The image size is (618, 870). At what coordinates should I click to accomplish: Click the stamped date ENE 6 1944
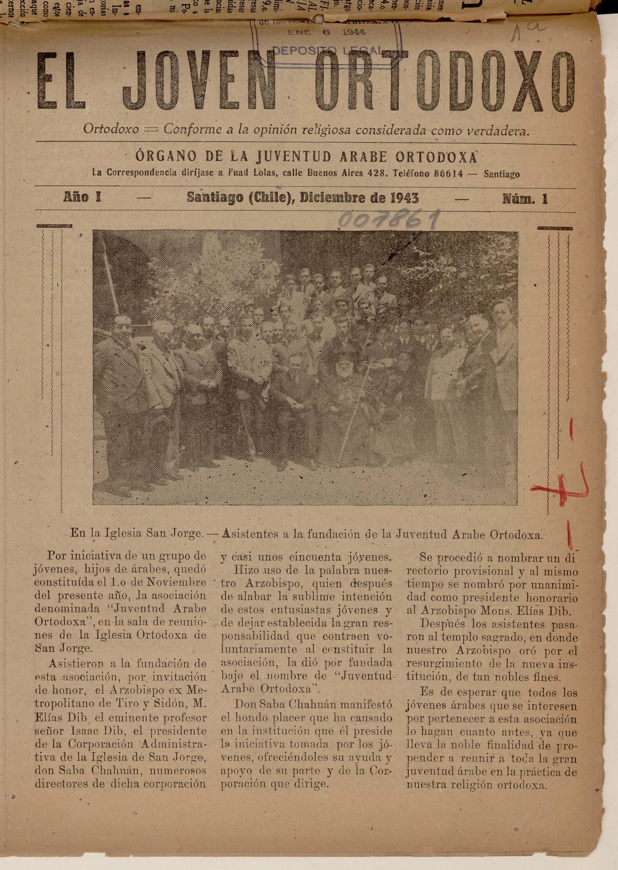point(327,33)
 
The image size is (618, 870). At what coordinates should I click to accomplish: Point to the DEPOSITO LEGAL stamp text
point(327,51)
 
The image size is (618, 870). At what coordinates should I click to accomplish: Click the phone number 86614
point(449,174)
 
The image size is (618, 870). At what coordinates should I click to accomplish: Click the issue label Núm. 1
point(525,198)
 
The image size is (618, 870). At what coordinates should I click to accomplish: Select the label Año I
point(82,197)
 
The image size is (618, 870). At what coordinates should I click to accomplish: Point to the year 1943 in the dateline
point(404,198)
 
